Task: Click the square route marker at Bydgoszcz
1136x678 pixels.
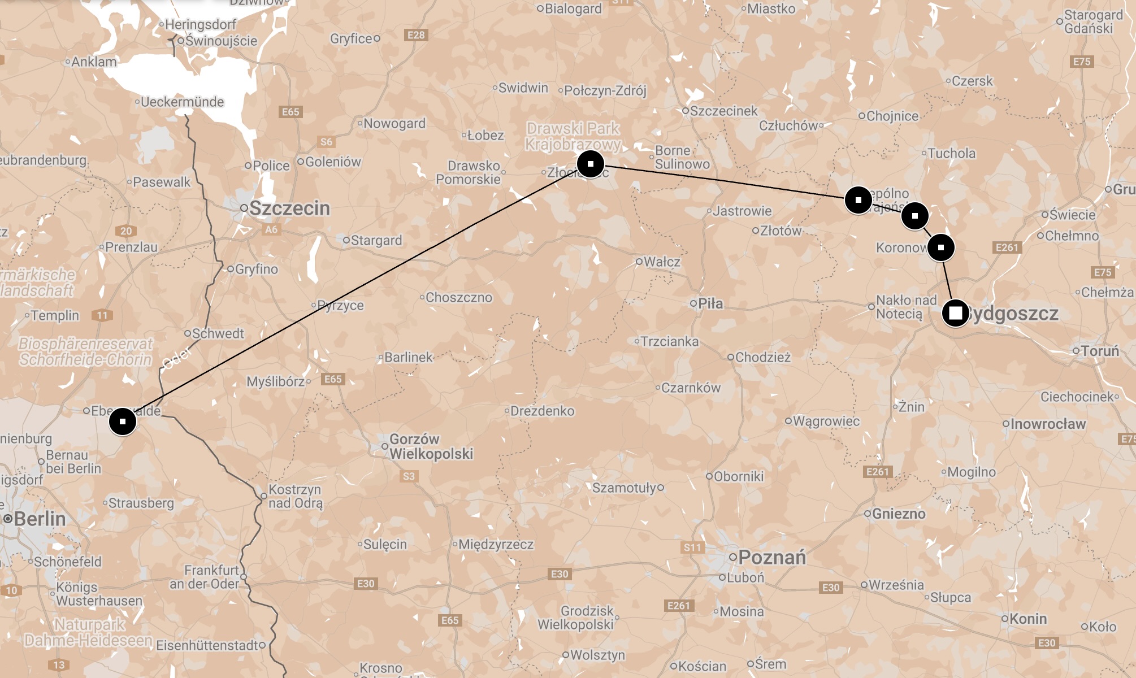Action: (x=955, y=313)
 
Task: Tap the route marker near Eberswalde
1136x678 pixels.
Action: (x=123, y=421)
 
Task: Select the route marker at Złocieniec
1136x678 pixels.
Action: (x=591, y=164)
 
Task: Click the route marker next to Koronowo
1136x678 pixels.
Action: (x=940, y=247)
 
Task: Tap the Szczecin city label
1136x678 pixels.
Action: (x=289, y=208)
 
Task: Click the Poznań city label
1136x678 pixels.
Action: (x=771, y=557)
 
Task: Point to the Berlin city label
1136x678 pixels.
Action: (x=39, y=519)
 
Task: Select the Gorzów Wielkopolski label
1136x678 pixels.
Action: (x=431, y=446)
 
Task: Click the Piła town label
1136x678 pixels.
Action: (x=710, y=303)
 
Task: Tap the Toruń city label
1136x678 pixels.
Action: (x=1099, y=351)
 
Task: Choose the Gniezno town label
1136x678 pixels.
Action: (x=898, y=514)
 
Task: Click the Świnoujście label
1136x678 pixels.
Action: (x=221, y=41)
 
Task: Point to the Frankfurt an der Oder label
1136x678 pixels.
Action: (x=205, y=577)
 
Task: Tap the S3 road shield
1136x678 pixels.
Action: (x=409, y=476)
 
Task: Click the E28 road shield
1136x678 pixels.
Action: (x=416, y=35)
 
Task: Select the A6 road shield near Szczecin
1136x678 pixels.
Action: (x=271, y=229)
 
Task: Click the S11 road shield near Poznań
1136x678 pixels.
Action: (x=692, y=547)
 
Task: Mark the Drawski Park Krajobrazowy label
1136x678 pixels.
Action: (x=573, y=137)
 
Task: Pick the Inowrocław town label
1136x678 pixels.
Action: (x=1047, y=424)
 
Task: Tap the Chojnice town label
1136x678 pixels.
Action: (x=892, y=116)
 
